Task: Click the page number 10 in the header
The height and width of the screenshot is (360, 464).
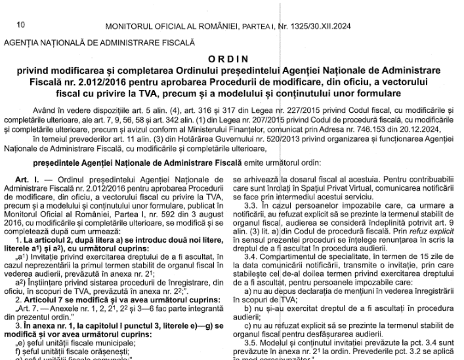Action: click(x=20, y=26)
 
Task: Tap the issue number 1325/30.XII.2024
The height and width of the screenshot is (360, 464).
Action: click(x=329, y=26)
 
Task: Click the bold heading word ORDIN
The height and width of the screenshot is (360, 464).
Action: click(x=232, y=58)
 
